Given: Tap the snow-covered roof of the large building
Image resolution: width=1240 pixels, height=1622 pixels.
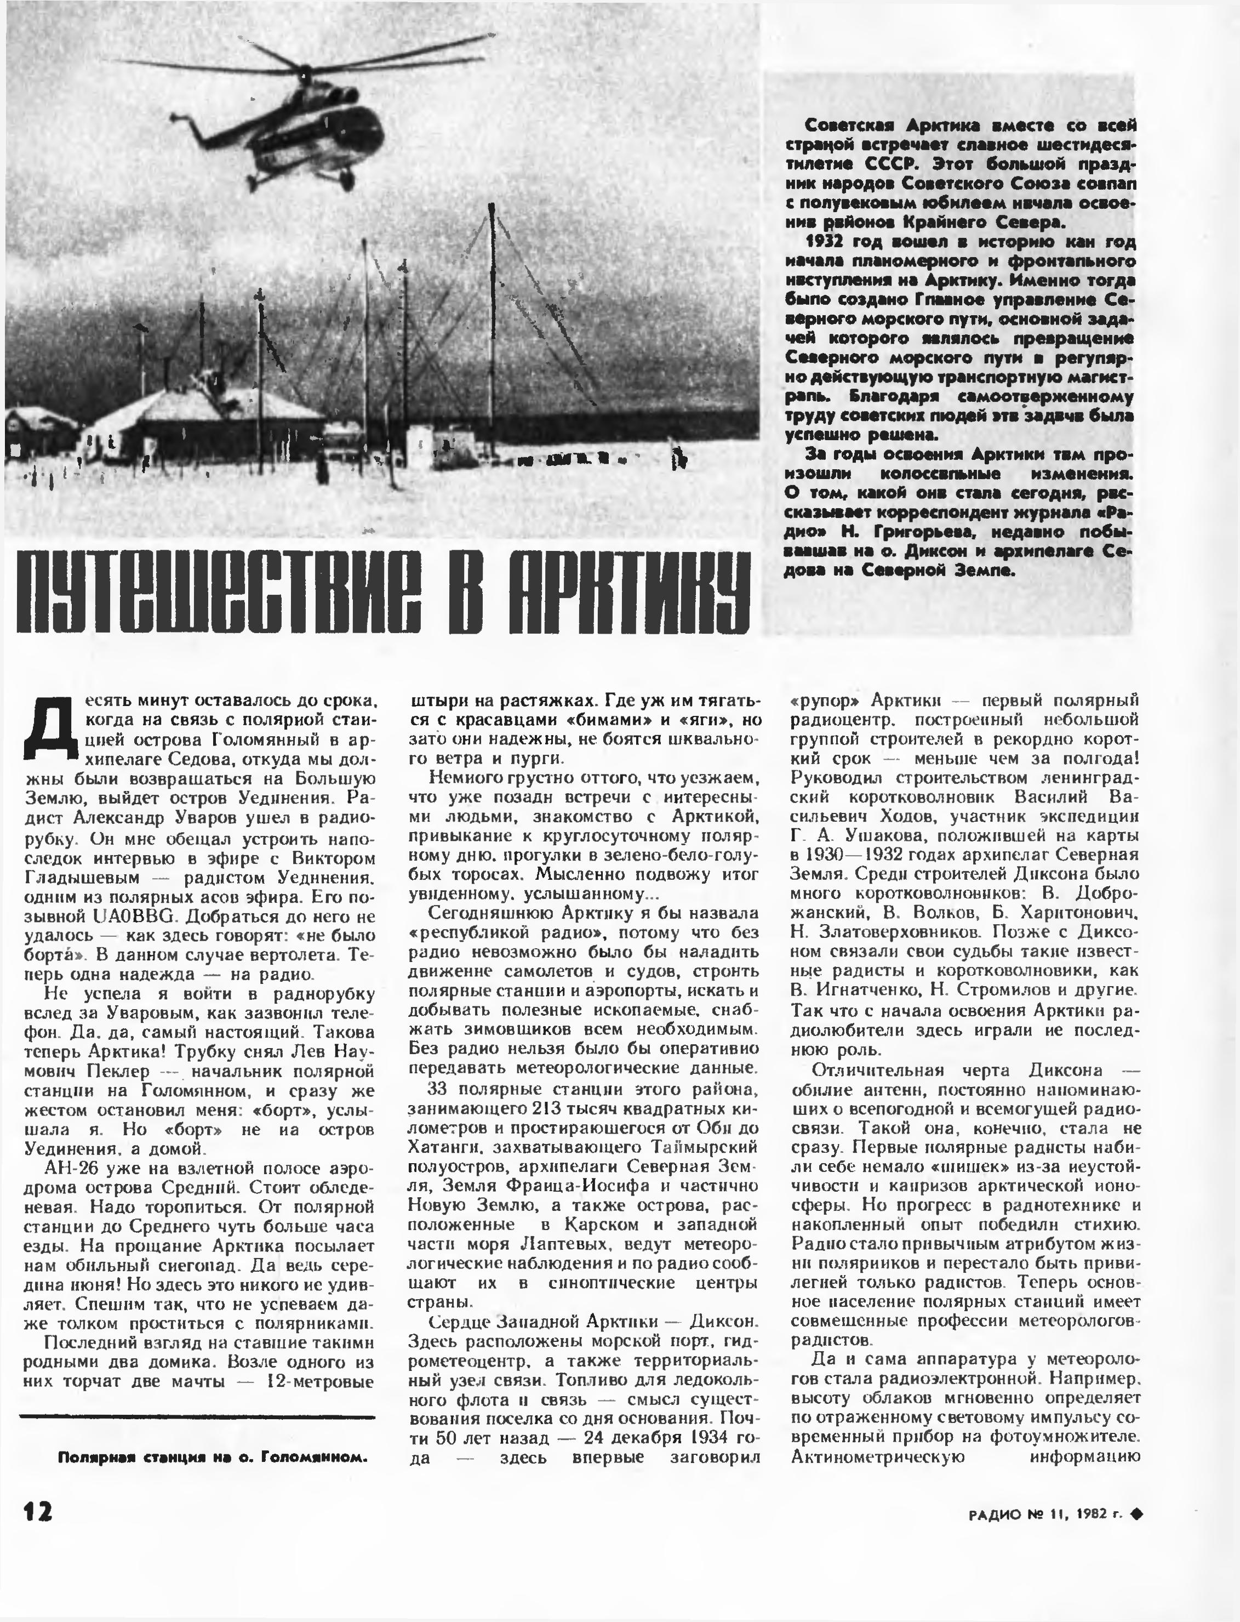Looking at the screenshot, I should coord(214,405).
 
